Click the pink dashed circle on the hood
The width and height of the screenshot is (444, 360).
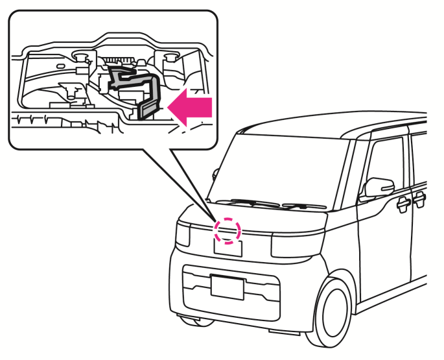(x=228, y=230)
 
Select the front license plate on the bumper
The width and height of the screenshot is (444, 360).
(x=227, y=287)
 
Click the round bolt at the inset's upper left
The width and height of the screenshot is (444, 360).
(x=81, y=56)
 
